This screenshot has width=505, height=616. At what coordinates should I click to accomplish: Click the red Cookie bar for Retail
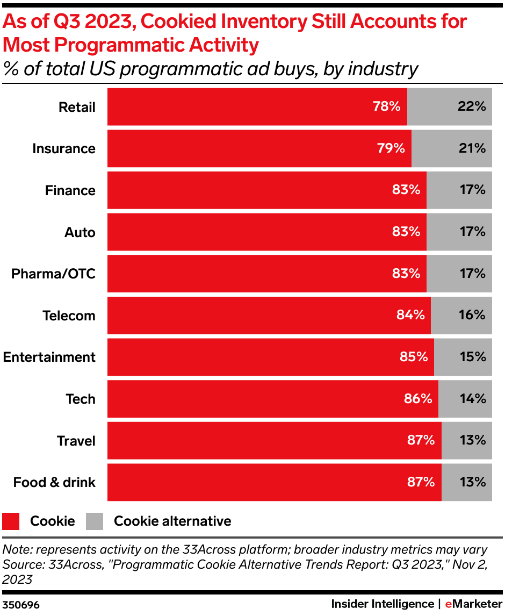[242, 106]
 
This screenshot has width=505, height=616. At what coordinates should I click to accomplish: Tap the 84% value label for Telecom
[410, 315]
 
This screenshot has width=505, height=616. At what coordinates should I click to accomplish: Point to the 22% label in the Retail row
[472, 106]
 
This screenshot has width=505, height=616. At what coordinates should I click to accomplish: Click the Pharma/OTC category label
[53, 274]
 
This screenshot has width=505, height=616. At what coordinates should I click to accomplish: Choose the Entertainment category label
[49, 357]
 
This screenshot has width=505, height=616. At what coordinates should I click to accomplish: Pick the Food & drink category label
[54, 483]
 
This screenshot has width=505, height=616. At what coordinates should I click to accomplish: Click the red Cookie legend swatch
[11, 521]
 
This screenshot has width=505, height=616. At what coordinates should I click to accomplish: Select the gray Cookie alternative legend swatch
[95, 521]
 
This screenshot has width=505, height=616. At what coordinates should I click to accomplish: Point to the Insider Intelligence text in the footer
[382, 604]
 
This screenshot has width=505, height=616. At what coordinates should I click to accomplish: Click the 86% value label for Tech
[417, 399]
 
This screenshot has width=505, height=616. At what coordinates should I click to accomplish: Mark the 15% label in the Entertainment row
[472, 357]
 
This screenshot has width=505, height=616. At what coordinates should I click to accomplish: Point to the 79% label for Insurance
[391, 148]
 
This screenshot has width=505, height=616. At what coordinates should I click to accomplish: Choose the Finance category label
[70, 191]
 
